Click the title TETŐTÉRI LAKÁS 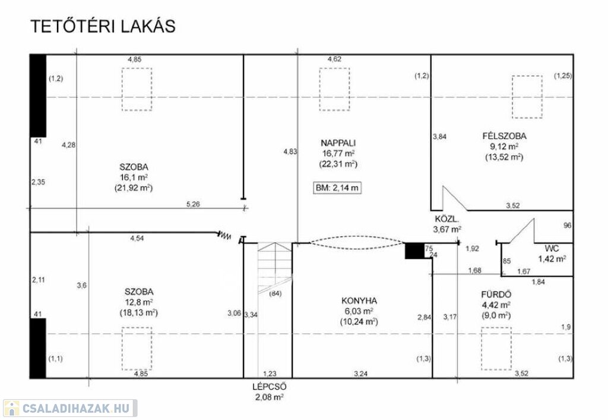[103, 26]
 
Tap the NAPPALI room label [338, 143]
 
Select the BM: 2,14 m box [337, 188]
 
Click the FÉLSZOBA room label [505, 136]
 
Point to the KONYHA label [359, 300]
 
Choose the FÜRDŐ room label [496, 294]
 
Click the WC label [552, 248]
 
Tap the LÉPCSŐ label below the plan [270, 387]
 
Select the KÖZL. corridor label [446, 219]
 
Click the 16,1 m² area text [134, 177]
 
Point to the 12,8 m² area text [138, 302]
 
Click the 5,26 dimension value [193, 204]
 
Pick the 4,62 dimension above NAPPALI [335, 59]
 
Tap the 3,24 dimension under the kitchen [360, 374]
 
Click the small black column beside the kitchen [414, 250]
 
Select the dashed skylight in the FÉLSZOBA [527, 97]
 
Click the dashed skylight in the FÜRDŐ [496, 349]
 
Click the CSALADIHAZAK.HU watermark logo [70, 408]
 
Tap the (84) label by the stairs [275, 294]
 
